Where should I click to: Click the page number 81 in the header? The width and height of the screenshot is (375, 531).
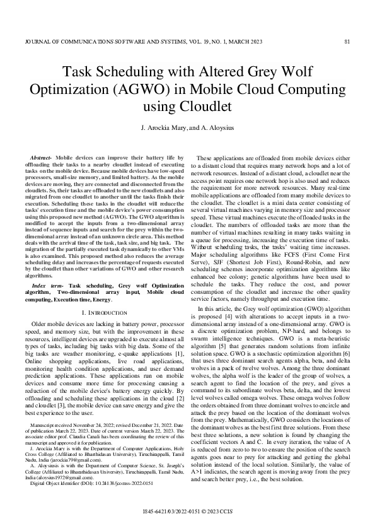348,42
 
